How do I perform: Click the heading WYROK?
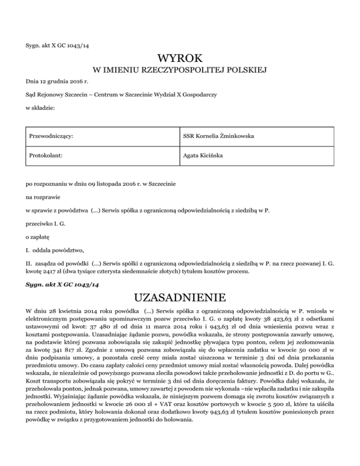click(x=180, y=59)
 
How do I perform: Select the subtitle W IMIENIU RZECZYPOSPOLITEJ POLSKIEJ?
click(x=180, y=71)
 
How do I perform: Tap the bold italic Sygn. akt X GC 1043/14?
click(x=61, y=283)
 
